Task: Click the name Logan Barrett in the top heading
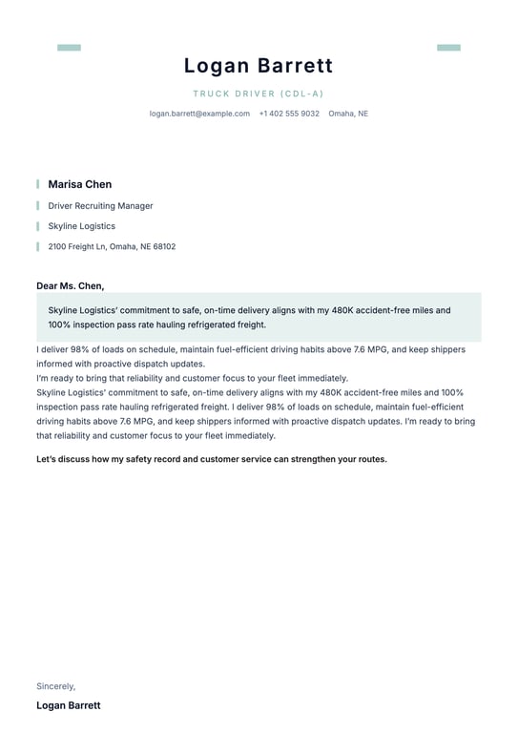click(259, 66)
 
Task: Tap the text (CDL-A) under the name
click(302, 94)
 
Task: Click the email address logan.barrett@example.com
click(199, 114)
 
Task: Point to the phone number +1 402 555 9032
click(289, 114)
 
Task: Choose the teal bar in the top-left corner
click(69, 48)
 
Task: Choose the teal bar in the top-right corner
click(448, 48)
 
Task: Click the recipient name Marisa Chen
click(80, 184)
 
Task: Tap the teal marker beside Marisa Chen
click(38, 184)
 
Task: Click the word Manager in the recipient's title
click(136, 205)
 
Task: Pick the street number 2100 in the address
click(57, 246)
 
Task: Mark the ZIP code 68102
click(164, 246)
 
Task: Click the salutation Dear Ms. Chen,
click(71, 285)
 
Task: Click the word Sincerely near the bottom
click(55, 686)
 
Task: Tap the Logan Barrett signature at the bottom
click(68, 705)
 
